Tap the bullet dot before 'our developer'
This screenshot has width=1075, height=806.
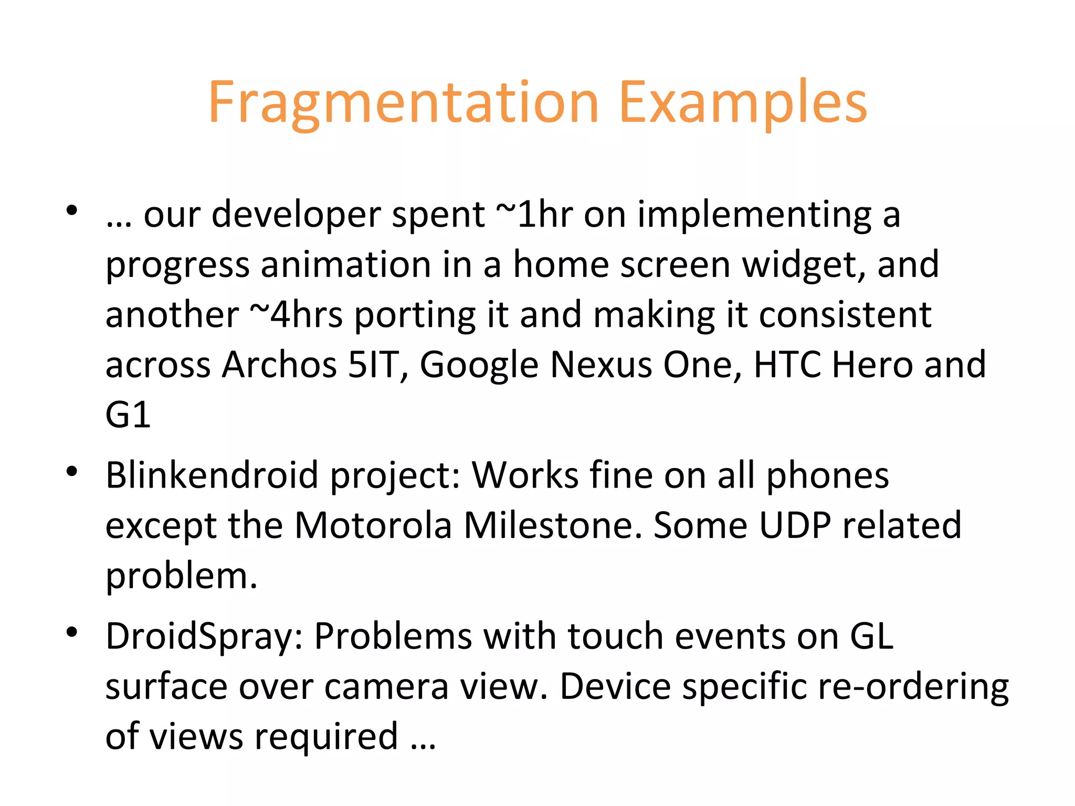[x=72, y=211]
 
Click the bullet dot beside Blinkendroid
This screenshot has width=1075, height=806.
[x=72, y=471]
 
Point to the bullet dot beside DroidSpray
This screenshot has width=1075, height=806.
[x=72, y=632]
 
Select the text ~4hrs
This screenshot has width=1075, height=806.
[x=296, y=315]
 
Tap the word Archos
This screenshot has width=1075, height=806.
[x=279, y=365]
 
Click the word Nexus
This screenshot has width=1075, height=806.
[x=600, y=365]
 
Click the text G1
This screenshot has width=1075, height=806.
[x=128, y=415]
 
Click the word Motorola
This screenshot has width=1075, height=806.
[x=373, y=525]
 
